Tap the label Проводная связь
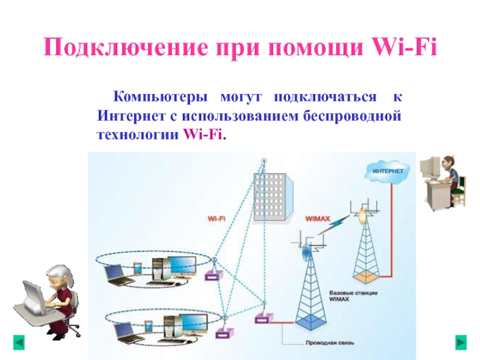pos(336,344)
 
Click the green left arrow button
pos(19,343)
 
